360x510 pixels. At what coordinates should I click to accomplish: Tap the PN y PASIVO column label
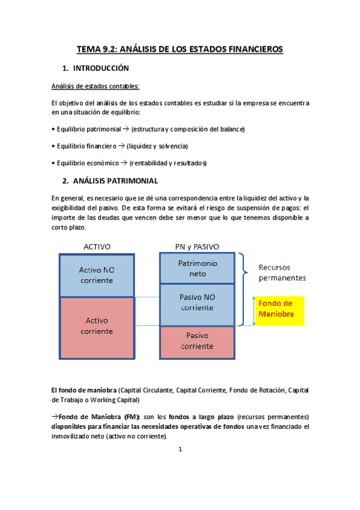[x=197, y=247]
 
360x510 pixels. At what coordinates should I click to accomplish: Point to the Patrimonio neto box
[x=197, y=268]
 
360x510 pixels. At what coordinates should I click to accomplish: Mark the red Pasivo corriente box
[x=197, y=341]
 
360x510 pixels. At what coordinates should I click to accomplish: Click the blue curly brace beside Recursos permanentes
[x=243, y=274]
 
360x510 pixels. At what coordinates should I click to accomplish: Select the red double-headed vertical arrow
[x=254, y=311]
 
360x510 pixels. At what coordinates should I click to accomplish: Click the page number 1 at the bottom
[x=180, y=448]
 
